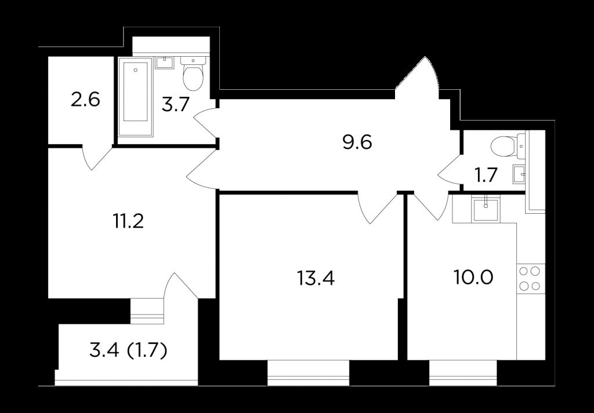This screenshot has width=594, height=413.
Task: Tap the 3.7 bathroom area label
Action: point(175,107)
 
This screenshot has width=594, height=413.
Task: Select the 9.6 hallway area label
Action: point(357,142)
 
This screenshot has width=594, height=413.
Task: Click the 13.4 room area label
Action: point(315,278)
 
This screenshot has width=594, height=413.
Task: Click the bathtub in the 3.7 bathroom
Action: point(135,93)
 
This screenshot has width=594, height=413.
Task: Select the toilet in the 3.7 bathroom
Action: point(192,74)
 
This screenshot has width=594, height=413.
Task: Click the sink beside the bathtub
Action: point(165,63)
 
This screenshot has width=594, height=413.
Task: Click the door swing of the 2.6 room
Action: point(95,158)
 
